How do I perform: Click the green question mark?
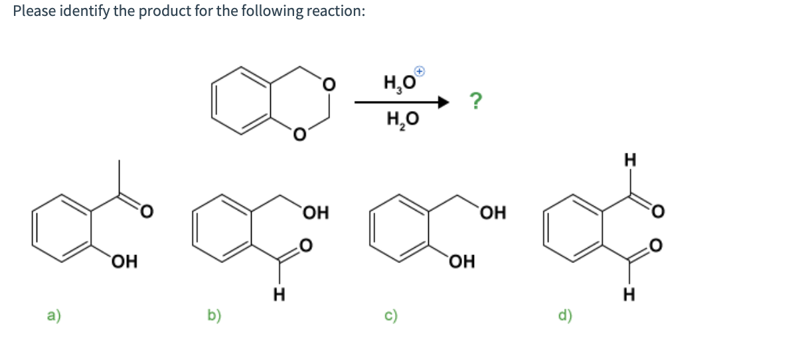click(x=475, y=102)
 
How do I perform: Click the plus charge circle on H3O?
click(x=420, y=70)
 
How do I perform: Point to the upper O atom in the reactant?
click(x=327, y=85)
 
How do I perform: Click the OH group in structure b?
click(x=314, y=213)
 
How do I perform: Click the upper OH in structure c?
click(x=492, y=213)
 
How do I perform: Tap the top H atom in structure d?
click(x=630, y=159)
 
